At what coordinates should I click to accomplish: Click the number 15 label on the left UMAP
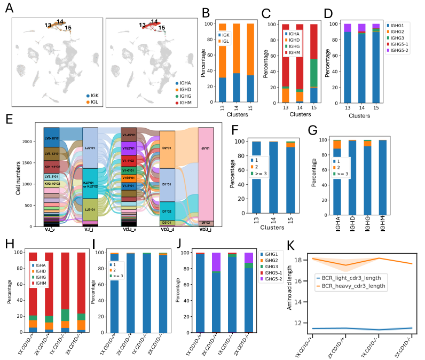pos(68,27)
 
